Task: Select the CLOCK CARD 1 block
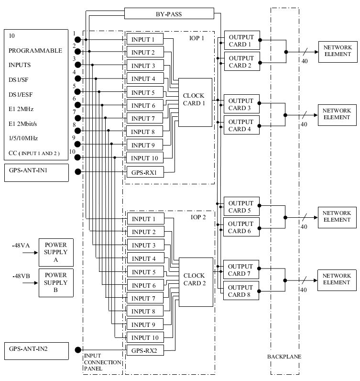(x=195, y=102)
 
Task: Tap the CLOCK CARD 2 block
(x=195, y=282)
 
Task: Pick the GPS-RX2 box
(x=144, y=351)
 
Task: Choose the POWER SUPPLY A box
(x=56, y=252)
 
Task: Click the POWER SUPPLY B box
(x=56, y=283)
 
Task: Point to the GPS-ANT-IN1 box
(x=36, y=172)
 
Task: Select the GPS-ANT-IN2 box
(x=36, y=350)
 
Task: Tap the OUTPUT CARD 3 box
(x=241, y=104)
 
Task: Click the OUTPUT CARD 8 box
(x=241, y=291)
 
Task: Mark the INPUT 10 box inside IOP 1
(x=144, y=158)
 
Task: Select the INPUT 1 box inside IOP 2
(x=144, y=219)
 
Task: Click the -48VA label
(x=21, y=246)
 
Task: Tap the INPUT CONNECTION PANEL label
(x=102, y=362)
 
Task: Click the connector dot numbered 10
(x=78, y=157)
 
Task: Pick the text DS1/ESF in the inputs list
(x=21, y=94)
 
